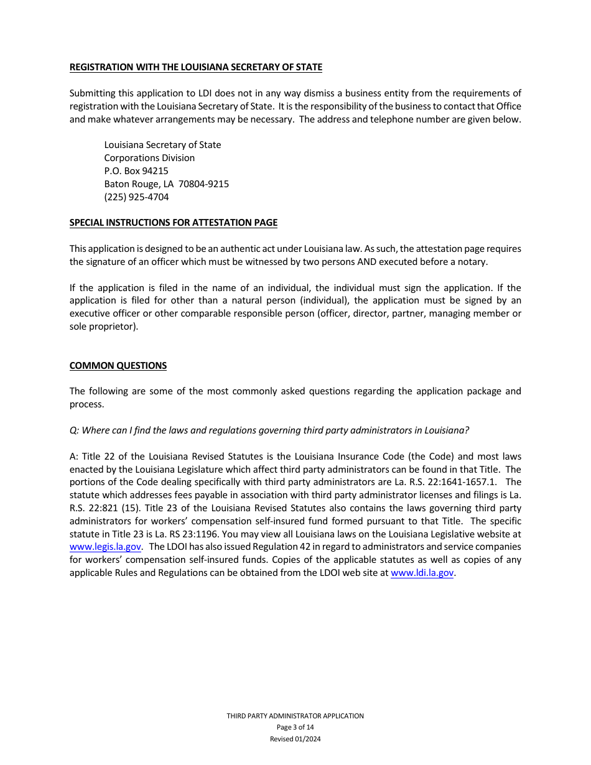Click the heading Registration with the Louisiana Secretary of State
coord(195,67)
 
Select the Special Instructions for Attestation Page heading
coord(173,223)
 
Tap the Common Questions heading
coord(118,366)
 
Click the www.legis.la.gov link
coord(105,547)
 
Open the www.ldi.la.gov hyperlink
coord(422,573)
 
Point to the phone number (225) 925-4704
coord(136,197)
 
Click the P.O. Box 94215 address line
coord(136,171)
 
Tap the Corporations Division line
coord(149,158)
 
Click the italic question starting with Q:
coord(269,430)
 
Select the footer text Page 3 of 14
coord(295,728)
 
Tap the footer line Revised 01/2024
coord(295,739)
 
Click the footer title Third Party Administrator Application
coord(295,716)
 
